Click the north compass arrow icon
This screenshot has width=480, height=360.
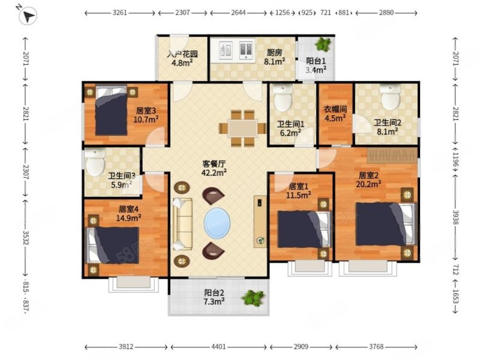pos(28,16)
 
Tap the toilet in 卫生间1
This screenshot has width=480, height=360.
pos(283,98)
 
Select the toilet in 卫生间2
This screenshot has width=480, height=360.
pos(391,97)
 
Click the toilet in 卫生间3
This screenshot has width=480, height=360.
pos(95,162)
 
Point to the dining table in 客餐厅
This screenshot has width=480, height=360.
pos(242,128)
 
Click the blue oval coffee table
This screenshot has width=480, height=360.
pos(217,223)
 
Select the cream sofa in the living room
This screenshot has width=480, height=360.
pos(182,224)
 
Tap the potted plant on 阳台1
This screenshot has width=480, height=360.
pos(323,44)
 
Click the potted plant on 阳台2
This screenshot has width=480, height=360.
pos(253,298)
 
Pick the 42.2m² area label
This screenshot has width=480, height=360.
pos(214,173)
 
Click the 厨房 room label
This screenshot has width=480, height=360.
pos(274,53)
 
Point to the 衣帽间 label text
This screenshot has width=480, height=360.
pos(335,109)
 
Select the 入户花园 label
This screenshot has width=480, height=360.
pos(182,54)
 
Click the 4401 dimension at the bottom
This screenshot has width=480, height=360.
pos(218,347)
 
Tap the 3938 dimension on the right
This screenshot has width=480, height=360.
pos(455,217)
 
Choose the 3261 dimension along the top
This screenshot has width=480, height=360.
pos(119,13)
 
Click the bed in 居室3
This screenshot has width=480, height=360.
pos(111,110)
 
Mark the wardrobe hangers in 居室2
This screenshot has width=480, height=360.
pos(392,155)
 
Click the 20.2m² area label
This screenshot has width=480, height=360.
pos(368,184)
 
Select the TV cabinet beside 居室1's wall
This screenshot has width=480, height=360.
pos(260,221)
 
